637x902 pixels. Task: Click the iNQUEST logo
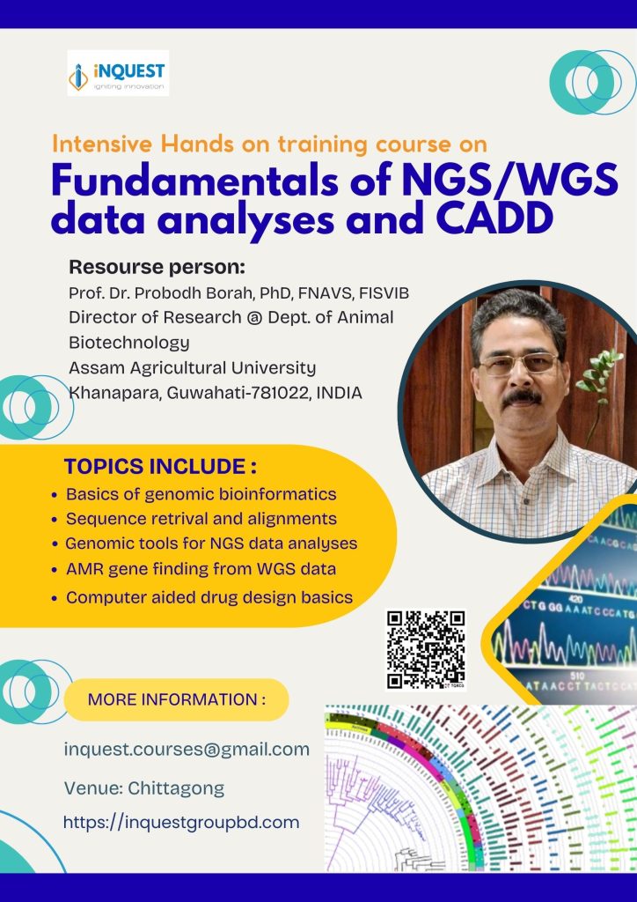[118, 73]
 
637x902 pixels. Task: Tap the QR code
[426, 650]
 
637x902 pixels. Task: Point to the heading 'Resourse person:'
[157, 268]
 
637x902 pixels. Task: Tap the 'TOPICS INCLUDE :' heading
[160, 467]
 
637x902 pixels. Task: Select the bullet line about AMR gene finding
[201, 569]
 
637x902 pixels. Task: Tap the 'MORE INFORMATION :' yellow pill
[176, 699]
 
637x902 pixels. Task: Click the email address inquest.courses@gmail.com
[187, 750]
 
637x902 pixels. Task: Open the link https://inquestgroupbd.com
[181, 822]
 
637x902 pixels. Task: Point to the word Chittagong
[176, 788]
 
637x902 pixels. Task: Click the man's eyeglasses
[518, 364]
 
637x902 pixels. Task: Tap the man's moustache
[522, 397]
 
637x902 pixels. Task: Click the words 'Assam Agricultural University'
[193, 367]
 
